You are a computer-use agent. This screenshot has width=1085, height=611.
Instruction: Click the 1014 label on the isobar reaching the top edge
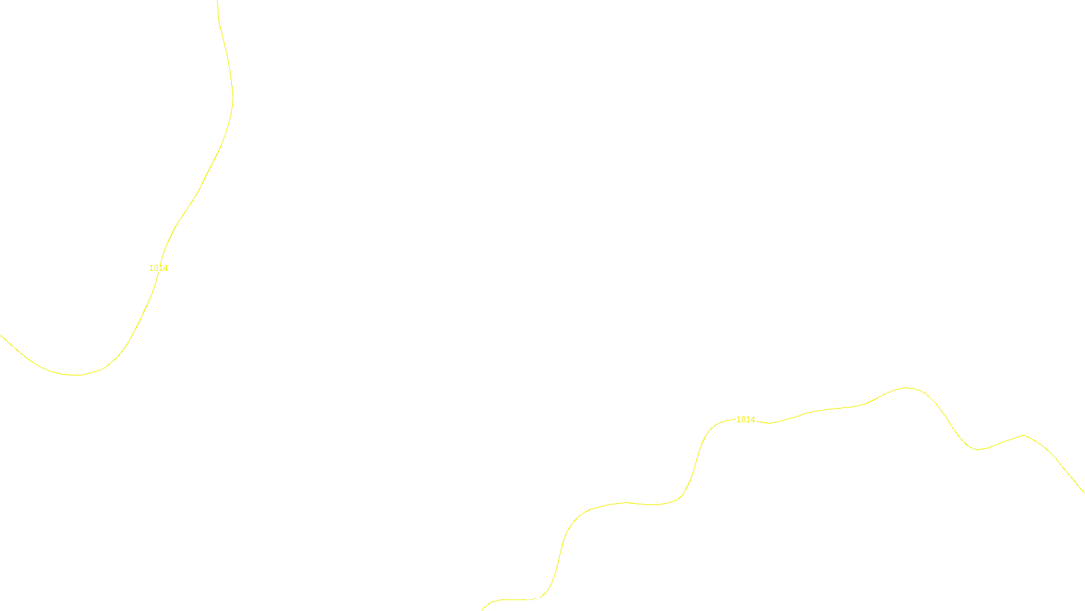(159, 268)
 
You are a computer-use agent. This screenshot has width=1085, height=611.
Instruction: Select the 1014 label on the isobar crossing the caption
(745, 420)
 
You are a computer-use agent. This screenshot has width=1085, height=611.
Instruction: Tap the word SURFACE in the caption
(542, 600)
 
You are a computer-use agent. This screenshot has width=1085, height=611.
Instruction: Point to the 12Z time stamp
(514, 600)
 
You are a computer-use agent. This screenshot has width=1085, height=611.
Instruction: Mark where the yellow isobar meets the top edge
(218, 1)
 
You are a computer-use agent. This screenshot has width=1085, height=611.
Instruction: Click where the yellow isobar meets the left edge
(1, 335)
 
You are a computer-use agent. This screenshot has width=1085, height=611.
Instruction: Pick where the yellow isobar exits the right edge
(1084, 492)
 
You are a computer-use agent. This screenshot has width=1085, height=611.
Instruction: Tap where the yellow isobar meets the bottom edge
(482, 610)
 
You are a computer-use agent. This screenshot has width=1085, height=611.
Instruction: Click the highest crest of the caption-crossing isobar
(907, 388)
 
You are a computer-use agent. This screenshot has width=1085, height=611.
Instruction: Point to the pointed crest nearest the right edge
(1023, 435)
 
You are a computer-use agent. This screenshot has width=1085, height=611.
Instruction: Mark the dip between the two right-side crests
(976, 449)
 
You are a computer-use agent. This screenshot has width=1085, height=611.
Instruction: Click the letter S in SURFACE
(528, 600)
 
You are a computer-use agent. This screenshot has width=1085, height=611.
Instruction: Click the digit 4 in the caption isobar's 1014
(753, 420)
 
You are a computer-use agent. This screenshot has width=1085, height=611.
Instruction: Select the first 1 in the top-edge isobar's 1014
(151, 268)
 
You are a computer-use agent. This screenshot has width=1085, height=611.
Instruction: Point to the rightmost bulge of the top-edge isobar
(233, 98)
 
